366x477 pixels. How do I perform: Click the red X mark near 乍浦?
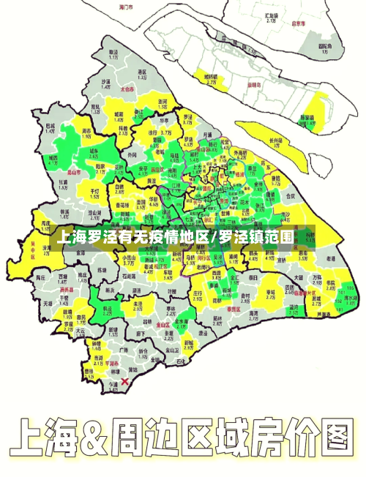coord(125,381)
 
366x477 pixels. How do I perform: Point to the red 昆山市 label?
coord(73,173)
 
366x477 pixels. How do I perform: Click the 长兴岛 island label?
coord(275,140)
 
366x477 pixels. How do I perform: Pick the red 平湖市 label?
coord(111,361)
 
